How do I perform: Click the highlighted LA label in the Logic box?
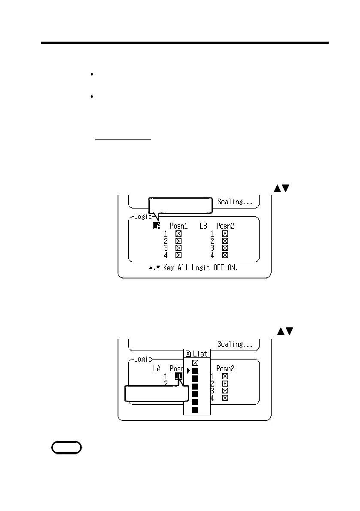pos(157,226)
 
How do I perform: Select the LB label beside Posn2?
pos(203,226)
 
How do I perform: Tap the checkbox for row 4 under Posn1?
pos(178,255)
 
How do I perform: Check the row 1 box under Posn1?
pos(178,233)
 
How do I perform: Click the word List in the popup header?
pos(200,354)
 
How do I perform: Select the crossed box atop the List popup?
pos(195,363)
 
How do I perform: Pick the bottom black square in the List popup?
pos(195,410)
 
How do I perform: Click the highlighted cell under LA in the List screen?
pos(179,376)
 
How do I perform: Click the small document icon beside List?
pos(188,354)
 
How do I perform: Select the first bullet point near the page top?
pos(92,75)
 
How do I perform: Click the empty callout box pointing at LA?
pos(181,206)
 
